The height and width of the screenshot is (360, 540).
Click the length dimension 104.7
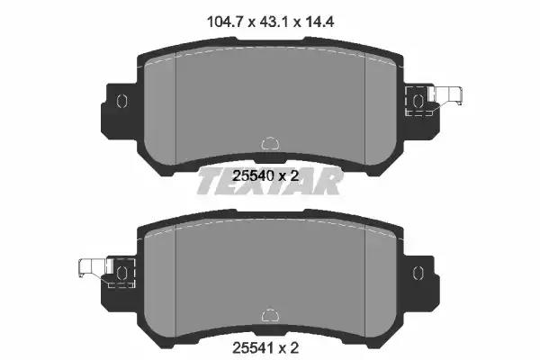225,22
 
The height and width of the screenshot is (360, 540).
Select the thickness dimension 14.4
319,22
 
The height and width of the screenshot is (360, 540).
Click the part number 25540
254,176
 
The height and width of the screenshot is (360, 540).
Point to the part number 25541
254,348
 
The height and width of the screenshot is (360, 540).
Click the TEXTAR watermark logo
270,181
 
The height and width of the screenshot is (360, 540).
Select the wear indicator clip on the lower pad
94,267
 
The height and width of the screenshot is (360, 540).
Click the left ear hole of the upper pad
121,101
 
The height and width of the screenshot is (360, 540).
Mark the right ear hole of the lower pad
418,273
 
